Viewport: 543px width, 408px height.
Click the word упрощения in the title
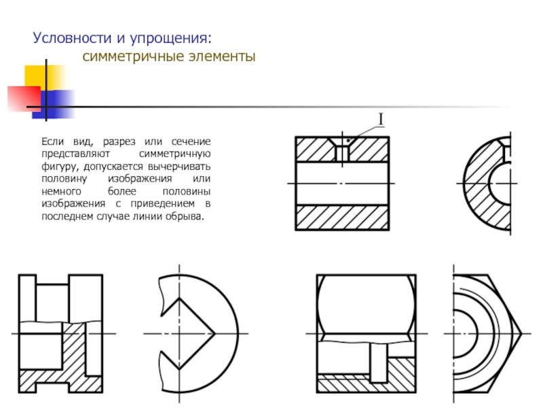170,39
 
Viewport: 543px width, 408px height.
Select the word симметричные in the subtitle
132,56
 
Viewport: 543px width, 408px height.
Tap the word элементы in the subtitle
222,56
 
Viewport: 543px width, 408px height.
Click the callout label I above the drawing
381,120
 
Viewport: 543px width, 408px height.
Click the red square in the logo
24,99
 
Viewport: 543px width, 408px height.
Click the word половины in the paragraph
186,192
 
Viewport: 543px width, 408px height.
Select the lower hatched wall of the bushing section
342,217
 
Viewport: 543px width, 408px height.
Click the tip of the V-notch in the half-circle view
214,334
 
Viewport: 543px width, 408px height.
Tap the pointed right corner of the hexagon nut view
521,334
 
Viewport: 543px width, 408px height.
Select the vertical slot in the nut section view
379,362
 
